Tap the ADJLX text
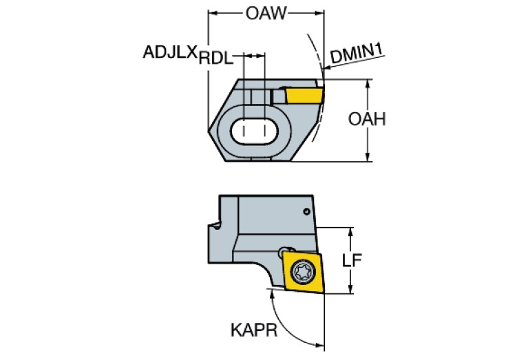[170, 52]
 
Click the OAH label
[366, 119]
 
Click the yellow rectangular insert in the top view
[304, 95]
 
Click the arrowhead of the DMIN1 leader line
[324, 67]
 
